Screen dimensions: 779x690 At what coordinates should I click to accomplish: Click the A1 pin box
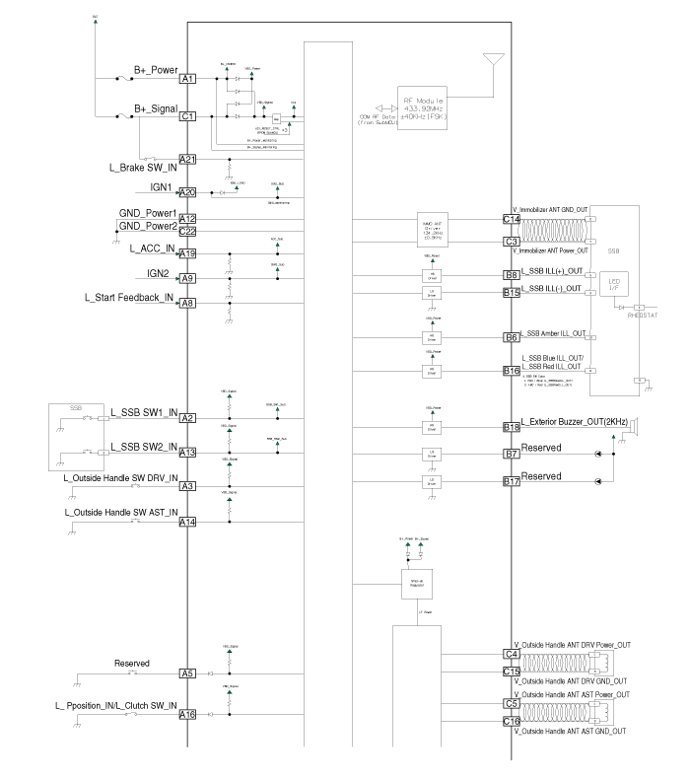tap(187, 78)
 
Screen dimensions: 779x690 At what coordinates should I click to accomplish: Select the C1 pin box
tap(187, 115)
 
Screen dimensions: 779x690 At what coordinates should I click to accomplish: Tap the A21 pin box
tap(187, 160)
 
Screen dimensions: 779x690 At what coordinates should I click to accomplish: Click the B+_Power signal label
tap(156, 70)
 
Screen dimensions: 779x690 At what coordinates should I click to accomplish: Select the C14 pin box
tap(512, 219)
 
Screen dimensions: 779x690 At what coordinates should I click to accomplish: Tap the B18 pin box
tap(512, 427)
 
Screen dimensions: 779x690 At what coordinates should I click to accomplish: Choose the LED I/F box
tap(613, 288)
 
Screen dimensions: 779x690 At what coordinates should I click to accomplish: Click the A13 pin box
tap(187, 453)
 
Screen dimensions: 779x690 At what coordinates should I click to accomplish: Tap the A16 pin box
tap(187, 715)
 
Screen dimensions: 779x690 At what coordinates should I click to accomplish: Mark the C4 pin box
tap(512, 654)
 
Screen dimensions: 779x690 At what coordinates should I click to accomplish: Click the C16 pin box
tap(512, 722)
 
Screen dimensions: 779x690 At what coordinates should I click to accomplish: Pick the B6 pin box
tap(512, 337)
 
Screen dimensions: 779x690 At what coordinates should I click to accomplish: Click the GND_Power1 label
tap(148, 213)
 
